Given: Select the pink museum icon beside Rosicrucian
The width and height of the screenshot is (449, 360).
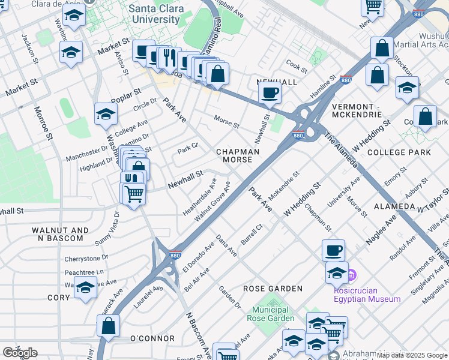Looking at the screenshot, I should pos(352,275).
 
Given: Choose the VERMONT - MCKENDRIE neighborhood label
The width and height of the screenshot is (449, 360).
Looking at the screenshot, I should pos(357,109).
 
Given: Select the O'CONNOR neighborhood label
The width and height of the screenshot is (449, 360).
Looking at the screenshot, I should pos(152,339).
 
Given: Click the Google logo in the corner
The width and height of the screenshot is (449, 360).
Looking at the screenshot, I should pos(20,353).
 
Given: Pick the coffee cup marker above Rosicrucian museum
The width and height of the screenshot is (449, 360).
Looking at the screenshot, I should pos(333,250).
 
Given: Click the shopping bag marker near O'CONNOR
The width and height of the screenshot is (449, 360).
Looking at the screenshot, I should pos(108,326).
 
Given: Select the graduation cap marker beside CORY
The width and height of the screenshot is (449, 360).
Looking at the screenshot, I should pos(85,288).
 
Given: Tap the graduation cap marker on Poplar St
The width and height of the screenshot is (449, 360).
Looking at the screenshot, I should pos(106,113).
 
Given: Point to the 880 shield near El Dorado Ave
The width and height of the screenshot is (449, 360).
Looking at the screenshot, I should pos(176,254).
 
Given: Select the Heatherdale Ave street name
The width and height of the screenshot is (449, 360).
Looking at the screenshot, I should pos(200,197).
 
